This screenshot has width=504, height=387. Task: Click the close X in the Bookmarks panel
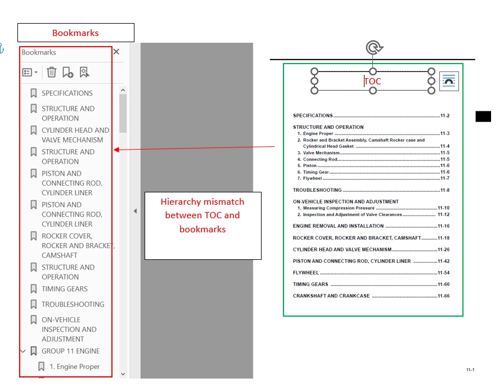[x=116, y=52]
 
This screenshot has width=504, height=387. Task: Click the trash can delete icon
[x=51, y=72]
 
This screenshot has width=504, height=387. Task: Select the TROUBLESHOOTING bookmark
[x=73, y=304]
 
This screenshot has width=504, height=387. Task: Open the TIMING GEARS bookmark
[x=64, y=289]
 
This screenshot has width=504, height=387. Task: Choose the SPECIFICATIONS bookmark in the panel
[x=67, y=93]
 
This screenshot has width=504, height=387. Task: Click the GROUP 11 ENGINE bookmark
[x=70, y=351]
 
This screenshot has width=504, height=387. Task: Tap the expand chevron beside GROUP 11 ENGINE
[x=23, y=351]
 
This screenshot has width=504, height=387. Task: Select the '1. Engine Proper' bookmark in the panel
[x=74, y=367]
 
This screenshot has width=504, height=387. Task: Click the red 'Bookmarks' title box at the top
[x=75, y=33]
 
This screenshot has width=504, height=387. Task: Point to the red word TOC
[x=372, y=82]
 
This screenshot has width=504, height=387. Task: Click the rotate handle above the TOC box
[x=372, y=48]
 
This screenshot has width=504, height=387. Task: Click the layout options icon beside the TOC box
[x=449, y=82]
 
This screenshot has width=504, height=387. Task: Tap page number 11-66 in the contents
[x=443, y=296]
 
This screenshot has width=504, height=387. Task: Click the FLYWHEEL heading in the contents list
[x=306, y=273]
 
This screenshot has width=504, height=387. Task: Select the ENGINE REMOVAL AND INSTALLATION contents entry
[x=338, y=226]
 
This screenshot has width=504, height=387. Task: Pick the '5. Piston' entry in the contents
[x=309, y=166]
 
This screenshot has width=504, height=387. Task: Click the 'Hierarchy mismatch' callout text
[x=202, y=215]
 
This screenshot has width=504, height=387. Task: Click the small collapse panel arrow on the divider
[x=135, y=211]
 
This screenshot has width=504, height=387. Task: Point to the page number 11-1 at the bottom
[x=470, y=370]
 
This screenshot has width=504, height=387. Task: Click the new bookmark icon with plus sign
[x=67, y=72]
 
